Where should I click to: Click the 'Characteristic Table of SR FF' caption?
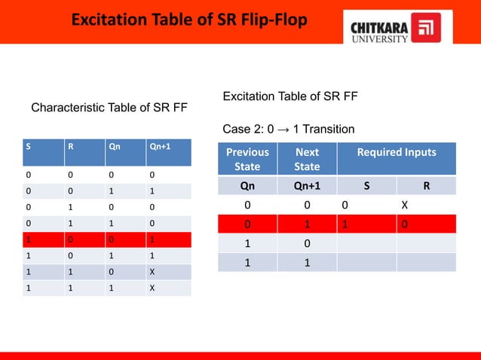(109, 108)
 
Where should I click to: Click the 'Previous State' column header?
(247, 159)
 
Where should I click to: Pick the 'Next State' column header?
(307, 159)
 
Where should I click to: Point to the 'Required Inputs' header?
(397, 152)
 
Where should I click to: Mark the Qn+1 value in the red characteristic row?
(152, 239)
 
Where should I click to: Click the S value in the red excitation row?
(344, 224)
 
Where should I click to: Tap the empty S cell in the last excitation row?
(366, 262)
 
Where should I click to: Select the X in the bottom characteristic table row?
(152, 287)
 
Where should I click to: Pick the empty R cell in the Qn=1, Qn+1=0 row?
(427, 243)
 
